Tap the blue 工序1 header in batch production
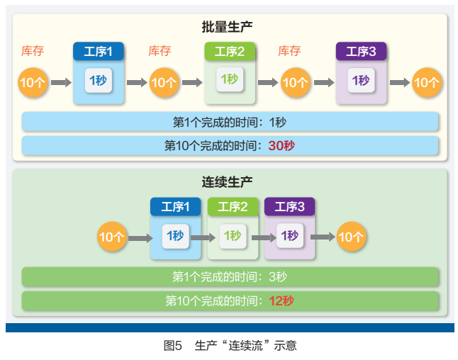[99, 51]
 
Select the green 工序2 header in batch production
[230, 51]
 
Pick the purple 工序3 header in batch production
[361, 51]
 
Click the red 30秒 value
[281, 145]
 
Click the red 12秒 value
[281, 300]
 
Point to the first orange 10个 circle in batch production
[33, 82]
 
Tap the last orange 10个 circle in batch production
[426, 82]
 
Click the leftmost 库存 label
[33, 51]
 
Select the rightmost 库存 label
[289, 51]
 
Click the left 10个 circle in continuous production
[111, 237]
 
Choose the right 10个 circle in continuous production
[351, 237]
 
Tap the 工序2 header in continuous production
[233, 207]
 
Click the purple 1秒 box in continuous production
[289, 236]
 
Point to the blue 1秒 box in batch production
[98, 80]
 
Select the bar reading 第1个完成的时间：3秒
[230, 276]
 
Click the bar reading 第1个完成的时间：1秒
[230, 122]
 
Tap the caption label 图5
[173, 346]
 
